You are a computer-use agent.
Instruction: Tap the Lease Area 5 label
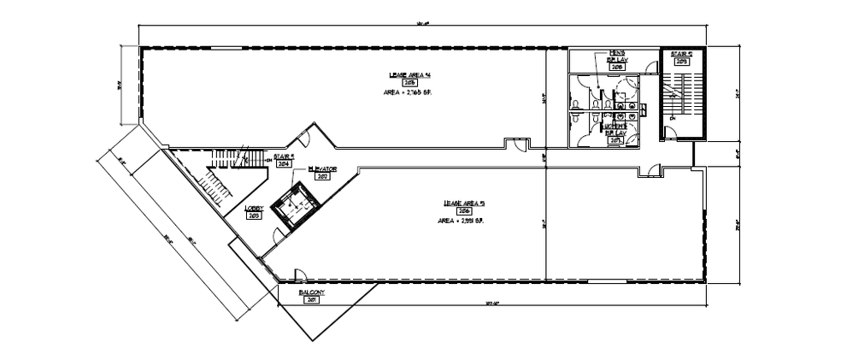(x=464, y=203)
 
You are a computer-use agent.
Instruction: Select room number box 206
(x=465, y=210)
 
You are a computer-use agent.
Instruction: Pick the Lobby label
(x=254, y=208)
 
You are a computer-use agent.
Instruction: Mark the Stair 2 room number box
(x=682, y=62)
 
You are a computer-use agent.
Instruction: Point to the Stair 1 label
(x=285, y=156)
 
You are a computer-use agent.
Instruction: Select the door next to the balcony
(x=300, y=275)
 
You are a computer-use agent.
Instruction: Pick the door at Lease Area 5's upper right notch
(x=651, y=172)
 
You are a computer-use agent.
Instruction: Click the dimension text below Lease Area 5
(x=490, y=303)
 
